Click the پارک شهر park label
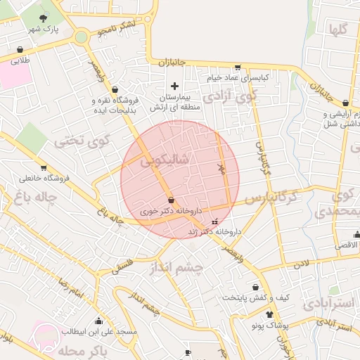click(x=44, y=30)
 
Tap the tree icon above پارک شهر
click(x=44, y=18)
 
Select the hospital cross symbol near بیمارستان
click(x=174, y=85)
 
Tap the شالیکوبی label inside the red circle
click(x=165, y=160)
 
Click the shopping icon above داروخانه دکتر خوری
click(x=172, y=200)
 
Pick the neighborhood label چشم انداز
click(x=176, y=268)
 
